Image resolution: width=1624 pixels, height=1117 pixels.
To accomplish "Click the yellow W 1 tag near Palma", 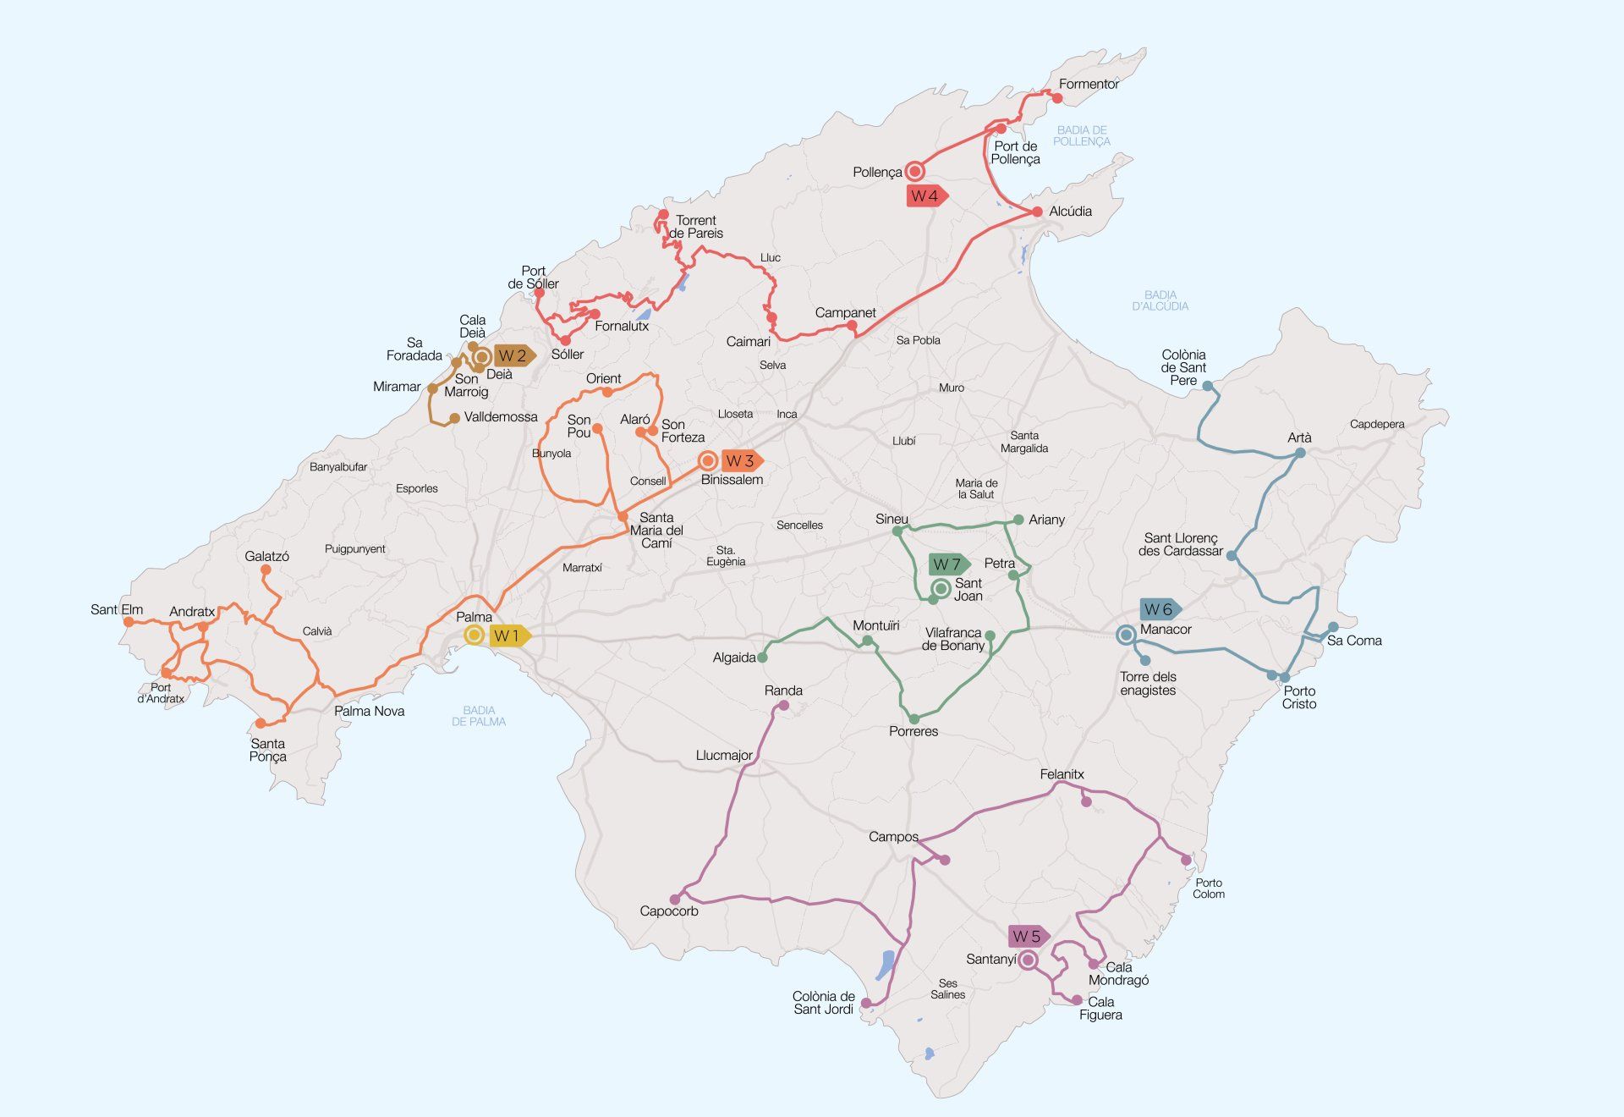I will click(x=509, y=636).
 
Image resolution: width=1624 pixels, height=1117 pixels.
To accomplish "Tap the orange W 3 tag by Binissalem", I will click(x=741, y=461).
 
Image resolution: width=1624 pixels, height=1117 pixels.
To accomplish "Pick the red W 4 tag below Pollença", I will click(x=925, y=196).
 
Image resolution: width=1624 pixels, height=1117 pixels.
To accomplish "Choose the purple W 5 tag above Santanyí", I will click(x=1028, y=937).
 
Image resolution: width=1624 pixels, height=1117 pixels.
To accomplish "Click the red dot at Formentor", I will click(x=1056, y=98).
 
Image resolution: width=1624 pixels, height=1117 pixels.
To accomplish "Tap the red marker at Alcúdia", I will click(x=1037, y=212).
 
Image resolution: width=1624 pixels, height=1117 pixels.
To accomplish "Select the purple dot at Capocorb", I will click(x=675, y=900).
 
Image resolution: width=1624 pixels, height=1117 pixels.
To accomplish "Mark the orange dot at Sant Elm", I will click(x=129, y=621).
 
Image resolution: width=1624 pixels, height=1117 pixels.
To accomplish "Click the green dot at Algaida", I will click(x=762, y=658).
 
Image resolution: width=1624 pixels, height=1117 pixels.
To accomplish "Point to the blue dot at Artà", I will click(x=1300, y=454).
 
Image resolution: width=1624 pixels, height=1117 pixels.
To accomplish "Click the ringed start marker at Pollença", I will click(x=914, y=172).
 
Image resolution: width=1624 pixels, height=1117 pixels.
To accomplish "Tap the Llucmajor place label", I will click(x=724, y=756).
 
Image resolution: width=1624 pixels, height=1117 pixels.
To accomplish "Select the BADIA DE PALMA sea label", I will click(x=479, y=716).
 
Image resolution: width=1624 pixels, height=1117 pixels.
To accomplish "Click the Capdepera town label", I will click(x=1376, y=424).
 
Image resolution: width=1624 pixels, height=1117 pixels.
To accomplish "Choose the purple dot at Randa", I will click(x=783, y=705).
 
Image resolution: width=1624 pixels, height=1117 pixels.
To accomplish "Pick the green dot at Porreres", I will click(x=913, y=719).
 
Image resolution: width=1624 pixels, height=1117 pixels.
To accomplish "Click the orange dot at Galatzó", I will click(x=266, y=570).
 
